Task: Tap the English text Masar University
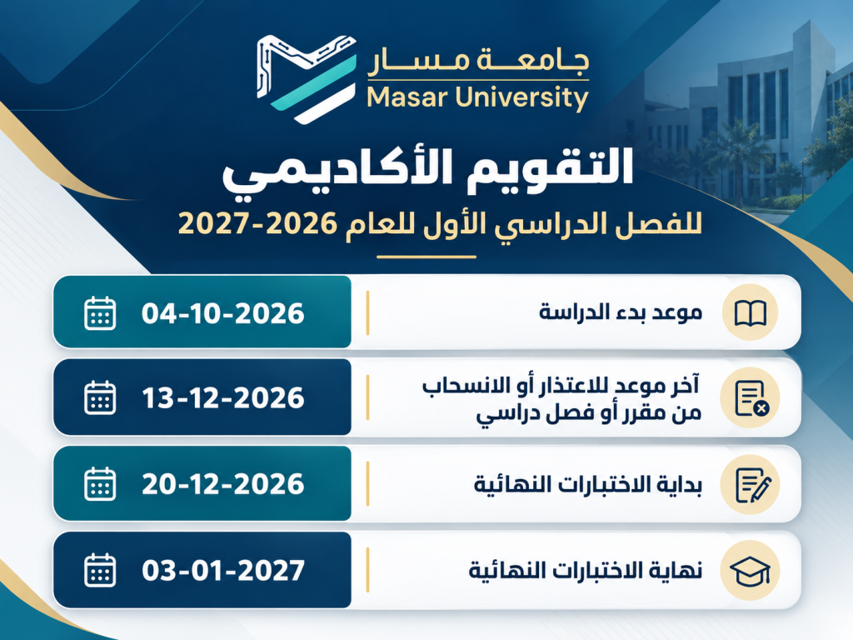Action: coord(477,98)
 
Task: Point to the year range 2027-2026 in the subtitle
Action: coord(257,224)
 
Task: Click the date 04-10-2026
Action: coord(223,313)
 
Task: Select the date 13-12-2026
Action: coord(223,397)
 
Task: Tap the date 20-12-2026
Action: coord(223,484)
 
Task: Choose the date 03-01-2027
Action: coord(223,570)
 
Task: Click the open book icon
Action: coord(751,313)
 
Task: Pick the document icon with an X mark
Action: coord(751,398)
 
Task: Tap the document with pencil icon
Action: coord(753,485)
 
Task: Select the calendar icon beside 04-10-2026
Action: coord(100,313)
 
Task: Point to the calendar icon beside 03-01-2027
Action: coord(100,570)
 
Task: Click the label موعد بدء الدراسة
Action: coord(621,313)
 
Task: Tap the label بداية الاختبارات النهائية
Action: coord(588,484)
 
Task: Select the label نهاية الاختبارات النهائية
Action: coord(586,570)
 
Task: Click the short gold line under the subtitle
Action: coord(426,257)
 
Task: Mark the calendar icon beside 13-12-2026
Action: coord(100,397)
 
